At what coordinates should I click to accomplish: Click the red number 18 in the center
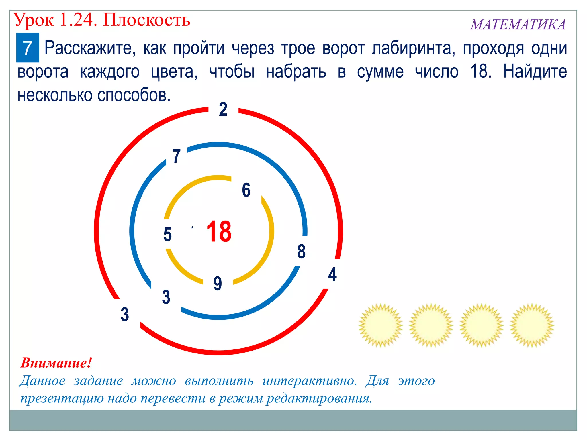(219, 231)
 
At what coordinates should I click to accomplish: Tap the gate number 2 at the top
(223, 109)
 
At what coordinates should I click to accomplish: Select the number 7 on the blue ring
(176, 156)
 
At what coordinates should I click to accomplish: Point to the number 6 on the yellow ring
(246, 190)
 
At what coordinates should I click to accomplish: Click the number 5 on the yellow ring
(167, 234)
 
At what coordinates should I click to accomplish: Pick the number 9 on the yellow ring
(218, 283)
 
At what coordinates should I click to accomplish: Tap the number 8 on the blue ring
(301, 251)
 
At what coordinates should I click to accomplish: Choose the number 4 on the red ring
(332, 274)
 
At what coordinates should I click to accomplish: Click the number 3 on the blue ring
(166, 297)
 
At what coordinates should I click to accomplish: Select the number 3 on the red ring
(125, 314)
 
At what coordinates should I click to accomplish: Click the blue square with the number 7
(28, 48)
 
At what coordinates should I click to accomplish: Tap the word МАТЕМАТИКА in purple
(518, 25)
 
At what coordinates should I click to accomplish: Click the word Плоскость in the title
(146, 20)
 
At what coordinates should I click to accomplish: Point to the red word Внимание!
(56, 363)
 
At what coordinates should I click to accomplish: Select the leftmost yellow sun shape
(380, 325)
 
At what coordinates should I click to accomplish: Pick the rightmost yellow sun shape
(532, 325)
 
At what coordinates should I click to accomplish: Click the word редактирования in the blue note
(319, 398)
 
